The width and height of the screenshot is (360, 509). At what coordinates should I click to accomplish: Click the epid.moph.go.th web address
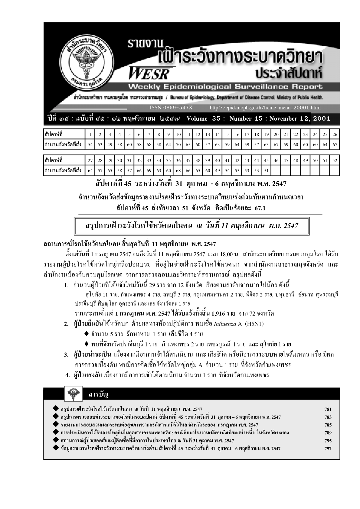coord(265,108)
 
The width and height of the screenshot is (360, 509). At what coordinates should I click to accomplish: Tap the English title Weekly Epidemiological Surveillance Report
coord(225,87)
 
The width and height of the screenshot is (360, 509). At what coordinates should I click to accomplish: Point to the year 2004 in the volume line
coord(322,118)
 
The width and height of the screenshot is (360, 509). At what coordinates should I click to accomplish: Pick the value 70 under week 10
coord(178,144)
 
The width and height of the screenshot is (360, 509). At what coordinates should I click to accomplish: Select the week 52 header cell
coord(335,160)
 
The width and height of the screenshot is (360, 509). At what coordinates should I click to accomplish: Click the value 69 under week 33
coord(149,170)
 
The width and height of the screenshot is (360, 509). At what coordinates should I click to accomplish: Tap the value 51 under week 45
coord(266,170)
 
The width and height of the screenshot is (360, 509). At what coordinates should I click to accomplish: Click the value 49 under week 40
coord(217,170)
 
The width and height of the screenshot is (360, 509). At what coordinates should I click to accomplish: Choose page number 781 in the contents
coord(328,410)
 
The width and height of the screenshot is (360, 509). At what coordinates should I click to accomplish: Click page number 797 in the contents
coord(328,449)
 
